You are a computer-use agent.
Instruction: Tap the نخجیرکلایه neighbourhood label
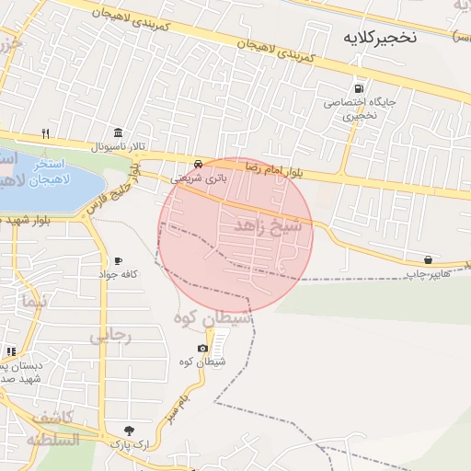379,38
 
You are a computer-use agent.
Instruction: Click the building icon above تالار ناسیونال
118,132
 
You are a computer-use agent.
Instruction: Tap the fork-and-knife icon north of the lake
43,132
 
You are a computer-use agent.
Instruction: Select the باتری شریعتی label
195,177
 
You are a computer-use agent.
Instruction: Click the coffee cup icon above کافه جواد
118,261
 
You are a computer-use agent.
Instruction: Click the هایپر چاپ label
429,273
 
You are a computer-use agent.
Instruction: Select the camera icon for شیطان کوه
202,349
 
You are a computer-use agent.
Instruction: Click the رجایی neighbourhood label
111,336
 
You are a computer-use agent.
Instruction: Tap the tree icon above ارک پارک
128,430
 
